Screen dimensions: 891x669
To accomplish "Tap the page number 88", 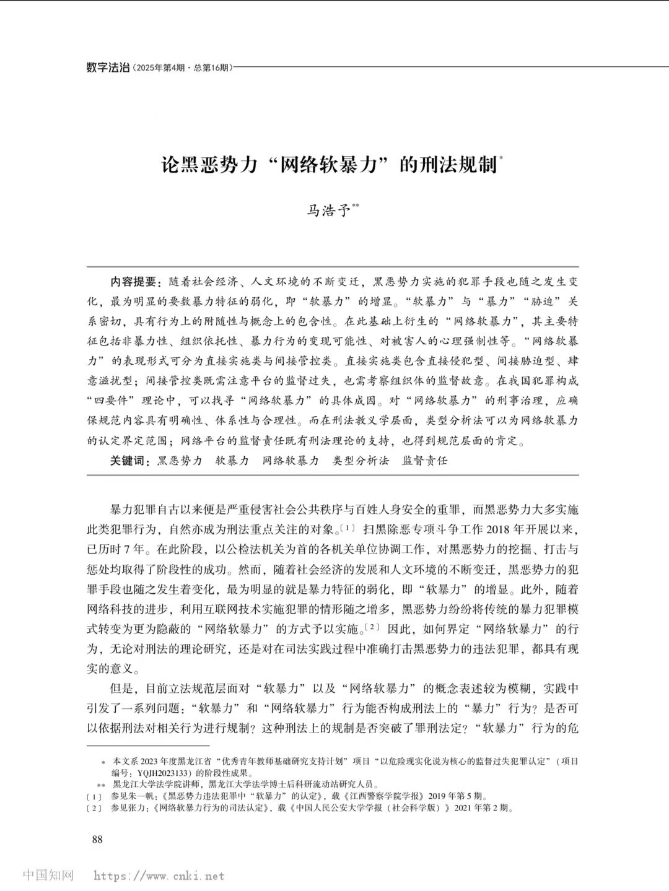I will coord(97,840).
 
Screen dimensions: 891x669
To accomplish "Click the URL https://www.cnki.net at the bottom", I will coord(159,876).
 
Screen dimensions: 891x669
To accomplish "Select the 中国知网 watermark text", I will coord(49,876).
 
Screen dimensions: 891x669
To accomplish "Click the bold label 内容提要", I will coord(134,282).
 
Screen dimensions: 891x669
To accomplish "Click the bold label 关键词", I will coord(129,461).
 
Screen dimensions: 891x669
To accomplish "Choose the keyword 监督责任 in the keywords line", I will coord(425,461).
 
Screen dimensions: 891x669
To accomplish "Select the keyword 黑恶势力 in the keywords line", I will coord(180,461).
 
